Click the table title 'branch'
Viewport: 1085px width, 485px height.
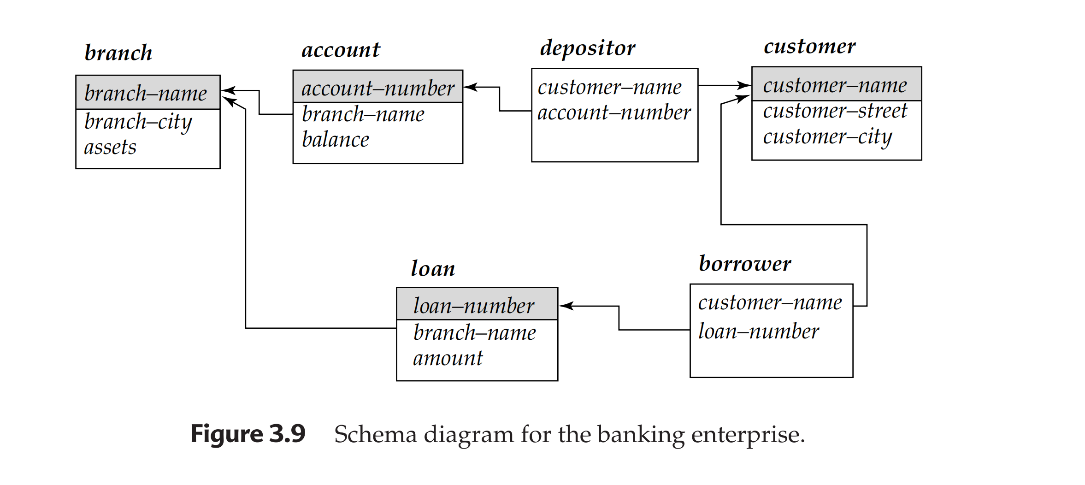pos(118,53)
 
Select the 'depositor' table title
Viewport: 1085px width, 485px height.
pos(588,48)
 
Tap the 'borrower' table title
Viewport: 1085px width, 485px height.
pos(745,264)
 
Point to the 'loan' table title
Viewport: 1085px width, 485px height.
pos(433,268)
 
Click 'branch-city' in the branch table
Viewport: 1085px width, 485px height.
pos(138,122)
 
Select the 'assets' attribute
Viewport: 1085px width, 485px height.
pos(110,148)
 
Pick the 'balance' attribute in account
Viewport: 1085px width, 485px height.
pos(336,140)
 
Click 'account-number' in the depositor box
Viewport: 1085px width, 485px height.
pos(614,112)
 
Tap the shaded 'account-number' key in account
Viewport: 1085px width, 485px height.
pos(378,88)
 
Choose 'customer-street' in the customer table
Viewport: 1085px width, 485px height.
pos(835,111)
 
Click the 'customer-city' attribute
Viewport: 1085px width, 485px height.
pos(827,137)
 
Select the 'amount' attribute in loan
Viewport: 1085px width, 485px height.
pos(448,358)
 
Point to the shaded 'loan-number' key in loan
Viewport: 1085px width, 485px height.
pos(474,306)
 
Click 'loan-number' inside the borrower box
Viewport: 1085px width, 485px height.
pos(758,331)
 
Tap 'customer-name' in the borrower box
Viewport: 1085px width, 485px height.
pos(770,303)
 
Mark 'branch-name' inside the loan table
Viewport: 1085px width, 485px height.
pos(474,333)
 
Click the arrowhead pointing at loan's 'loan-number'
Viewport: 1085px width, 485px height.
pos(565,306)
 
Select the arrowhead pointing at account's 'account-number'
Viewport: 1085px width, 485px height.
pos(470,87)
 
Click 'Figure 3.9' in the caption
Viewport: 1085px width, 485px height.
pos(248,434)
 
